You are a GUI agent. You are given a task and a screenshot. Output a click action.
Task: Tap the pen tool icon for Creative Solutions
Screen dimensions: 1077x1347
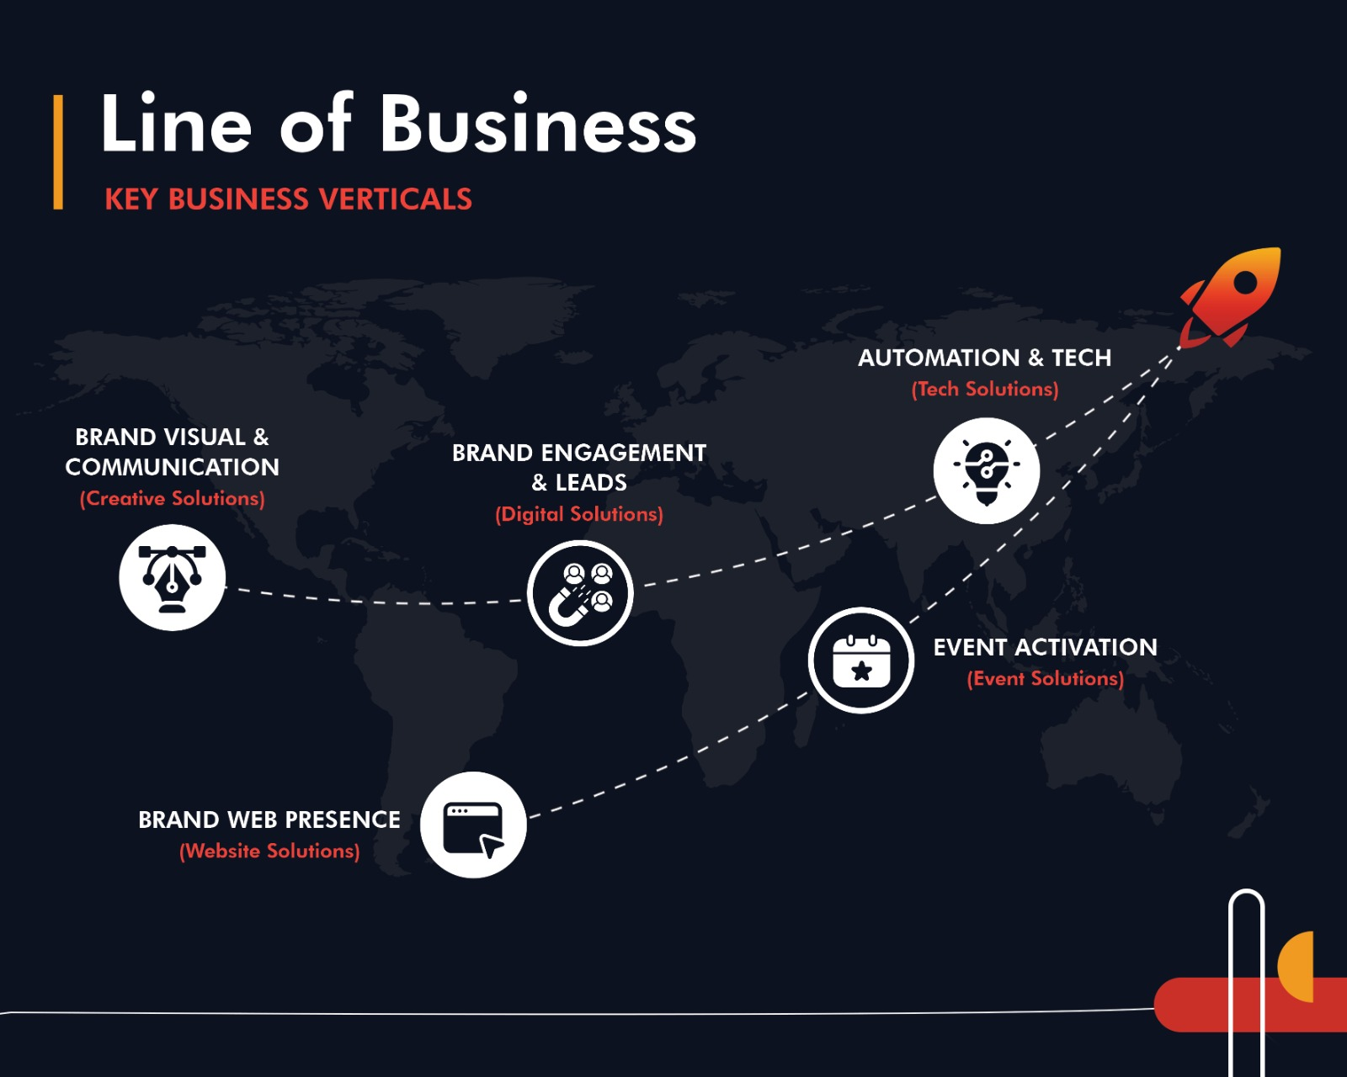(x=173, y=577)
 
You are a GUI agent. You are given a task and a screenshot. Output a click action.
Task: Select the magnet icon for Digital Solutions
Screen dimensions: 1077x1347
(x=580, y=593)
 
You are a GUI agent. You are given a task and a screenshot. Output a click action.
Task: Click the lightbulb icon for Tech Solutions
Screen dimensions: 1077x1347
(x=986, y=470)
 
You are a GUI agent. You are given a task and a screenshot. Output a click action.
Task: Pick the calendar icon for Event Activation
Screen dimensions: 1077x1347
(x=860, y=661)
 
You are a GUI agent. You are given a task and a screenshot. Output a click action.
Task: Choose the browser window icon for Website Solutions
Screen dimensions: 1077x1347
(x=473, y=825)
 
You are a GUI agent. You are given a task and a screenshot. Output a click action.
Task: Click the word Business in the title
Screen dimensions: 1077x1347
(x=538, y=125)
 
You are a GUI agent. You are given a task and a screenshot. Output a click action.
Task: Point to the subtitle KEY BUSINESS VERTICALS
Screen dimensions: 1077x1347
(x=288, y=199)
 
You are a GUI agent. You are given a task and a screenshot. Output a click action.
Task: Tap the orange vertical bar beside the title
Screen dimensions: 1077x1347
(x=58, y=151)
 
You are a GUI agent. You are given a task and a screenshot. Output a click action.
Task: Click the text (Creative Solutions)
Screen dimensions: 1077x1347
(x=173, y=498)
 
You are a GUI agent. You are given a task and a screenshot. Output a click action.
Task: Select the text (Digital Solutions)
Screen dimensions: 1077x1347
(x=579, y=514)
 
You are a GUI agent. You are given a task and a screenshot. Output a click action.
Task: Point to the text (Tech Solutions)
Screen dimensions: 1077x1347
(x=985, y=389)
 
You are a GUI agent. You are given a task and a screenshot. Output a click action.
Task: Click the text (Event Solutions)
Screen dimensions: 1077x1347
(x=1045, y=678)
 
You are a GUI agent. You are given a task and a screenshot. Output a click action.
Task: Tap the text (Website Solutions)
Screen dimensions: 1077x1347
(x=269, y=851)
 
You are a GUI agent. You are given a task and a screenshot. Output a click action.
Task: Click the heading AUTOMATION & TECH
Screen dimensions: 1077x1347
(x=984, y=358)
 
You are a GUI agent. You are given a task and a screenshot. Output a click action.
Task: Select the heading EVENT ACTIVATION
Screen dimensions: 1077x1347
(x=1045, y=647)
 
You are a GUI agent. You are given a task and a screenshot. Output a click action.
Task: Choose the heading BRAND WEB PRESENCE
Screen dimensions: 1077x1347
(x=269, y=820)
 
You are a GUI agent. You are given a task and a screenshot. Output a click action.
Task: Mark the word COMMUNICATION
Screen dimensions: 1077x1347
(x=173, y=467)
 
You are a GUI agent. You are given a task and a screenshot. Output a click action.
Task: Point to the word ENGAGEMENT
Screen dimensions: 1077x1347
(x=623, y=453)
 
